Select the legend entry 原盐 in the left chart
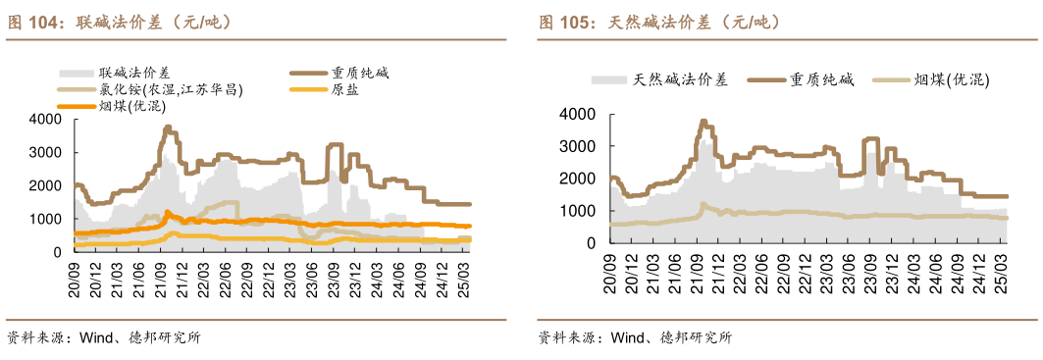[344, 89]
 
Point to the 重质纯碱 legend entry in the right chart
[823, 80]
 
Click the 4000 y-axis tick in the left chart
[46, 120]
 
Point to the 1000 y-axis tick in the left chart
[46, 219]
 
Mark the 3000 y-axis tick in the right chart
[576, 146]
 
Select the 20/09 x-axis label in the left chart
[73, 274]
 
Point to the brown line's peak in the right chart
[703, 121]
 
